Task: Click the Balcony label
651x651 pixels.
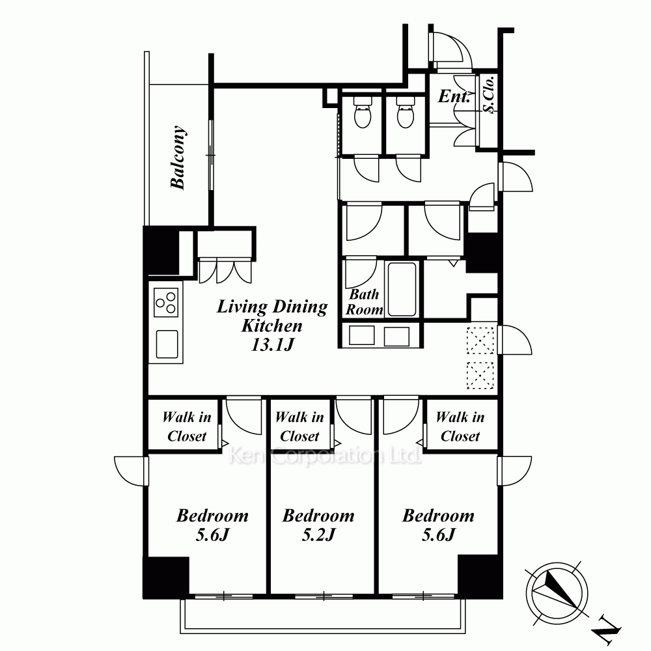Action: [x=178, y=158]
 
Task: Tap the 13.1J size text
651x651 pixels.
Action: [x=272, y=344]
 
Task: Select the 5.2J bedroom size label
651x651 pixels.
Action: [x=318, y=534]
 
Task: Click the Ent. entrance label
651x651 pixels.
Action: [x=454, y=96]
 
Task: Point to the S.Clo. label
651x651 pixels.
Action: [x=489, y=94]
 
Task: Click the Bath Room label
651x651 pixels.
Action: [x=364, y=302]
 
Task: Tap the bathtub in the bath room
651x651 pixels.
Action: [x=402, y=290]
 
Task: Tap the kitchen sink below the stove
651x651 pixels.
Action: [x=167, y=344]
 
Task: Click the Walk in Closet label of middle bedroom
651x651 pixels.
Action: [x=299, y=426]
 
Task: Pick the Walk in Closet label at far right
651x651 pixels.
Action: [x=460, y=426]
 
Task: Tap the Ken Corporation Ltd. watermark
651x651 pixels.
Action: [x=325, y=456]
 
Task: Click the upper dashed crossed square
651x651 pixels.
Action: [x=480, y=340]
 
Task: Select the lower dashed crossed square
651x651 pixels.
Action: [x=480, y=376]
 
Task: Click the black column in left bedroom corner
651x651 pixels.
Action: [x=166, y=577]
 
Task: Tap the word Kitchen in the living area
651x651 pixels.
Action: [x=272, y=326]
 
